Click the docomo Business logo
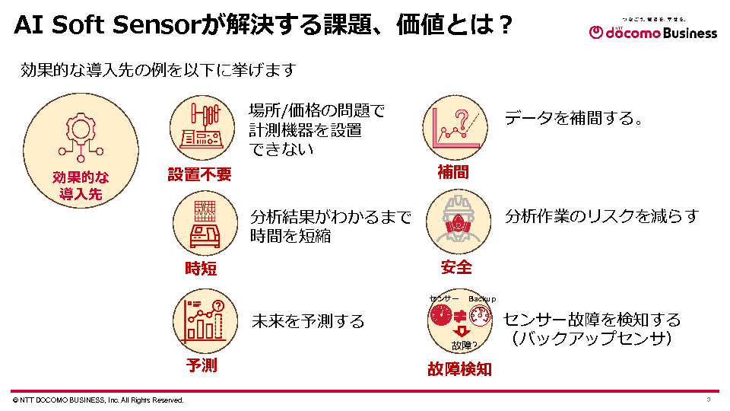(x=653, y=31)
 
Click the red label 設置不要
(x=199, y=174)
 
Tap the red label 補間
(x=453, y=173)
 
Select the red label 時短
(x=201, y=268)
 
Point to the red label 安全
(x=456, y=267)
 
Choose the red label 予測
(x=202, y=365)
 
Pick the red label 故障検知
(x=459, y=369)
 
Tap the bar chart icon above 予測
(x=201, y=318)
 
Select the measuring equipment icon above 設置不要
(x=199, y=125)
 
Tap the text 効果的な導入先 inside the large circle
(x=81, y=186)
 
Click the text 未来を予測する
(x=308, y=321)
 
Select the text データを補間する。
(x=575, y=119)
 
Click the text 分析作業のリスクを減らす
(x=601, y=216)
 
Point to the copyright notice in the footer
(x=98, y=400)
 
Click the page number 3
(x=708, y=400)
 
